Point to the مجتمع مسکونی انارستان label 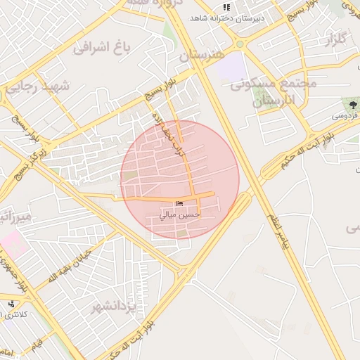[x=274, y=92]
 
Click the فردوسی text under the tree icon [x=345, y=113]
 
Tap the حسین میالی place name [x=179, y=214]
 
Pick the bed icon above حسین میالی [x=180, y=203]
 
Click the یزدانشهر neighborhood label [x=112, y=308]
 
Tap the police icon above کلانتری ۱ [x=11, y=304]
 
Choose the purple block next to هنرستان [x=230, y=67]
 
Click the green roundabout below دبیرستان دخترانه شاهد [x=239, y=44]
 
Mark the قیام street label [x=37, y=342]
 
